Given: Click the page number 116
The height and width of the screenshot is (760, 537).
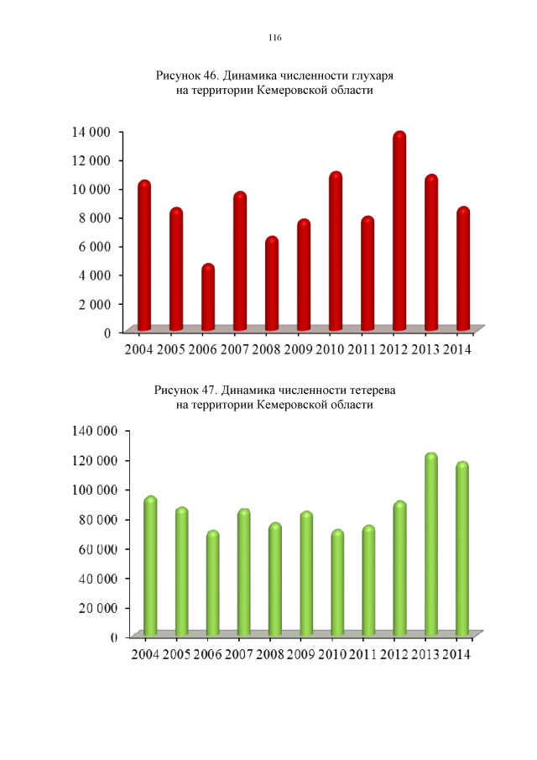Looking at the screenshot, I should (x=274, y=38).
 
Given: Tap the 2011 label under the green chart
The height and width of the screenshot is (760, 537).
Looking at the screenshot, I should (x=361, y=654).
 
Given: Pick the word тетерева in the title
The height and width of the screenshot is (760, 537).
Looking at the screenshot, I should (x=371, y=390).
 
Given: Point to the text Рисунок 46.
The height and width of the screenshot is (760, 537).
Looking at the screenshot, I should (x=186, y=76).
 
